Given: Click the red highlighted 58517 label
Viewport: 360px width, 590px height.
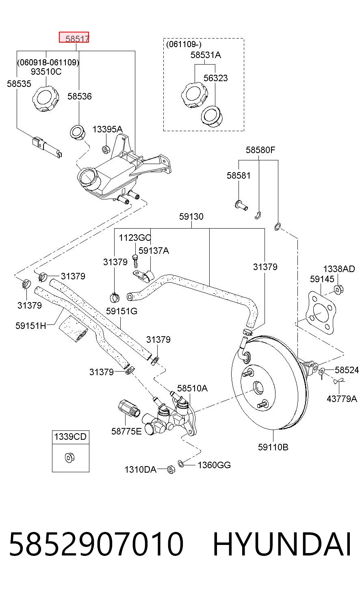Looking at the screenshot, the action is tap(74, 37).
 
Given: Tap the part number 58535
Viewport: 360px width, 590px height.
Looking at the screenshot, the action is tap(19, 84).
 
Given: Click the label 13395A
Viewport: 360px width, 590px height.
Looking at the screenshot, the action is tap(108, 129).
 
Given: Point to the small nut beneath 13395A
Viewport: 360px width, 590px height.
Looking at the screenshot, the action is tap(106, 149).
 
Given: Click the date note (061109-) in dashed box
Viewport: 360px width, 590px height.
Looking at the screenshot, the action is tap(184, 44).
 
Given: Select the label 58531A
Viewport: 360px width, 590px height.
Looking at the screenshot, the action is tap(206, 55).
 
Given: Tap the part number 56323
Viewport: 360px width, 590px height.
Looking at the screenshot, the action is tap(216, 78).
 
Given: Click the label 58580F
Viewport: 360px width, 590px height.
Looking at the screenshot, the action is tap(260, 150).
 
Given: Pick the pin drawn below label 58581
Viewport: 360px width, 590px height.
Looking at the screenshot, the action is tap(241, 205).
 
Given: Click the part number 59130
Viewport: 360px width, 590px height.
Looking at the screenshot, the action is tap(191, 216).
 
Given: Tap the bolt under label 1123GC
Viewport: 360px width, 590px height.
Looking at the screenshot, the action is tap(135, 261).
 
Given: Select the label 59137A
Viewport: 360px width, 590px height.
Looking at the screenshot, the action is tap(154, 251).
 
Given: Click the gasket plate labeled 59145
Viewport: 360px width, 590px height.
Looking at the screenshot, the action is tap(321, 313).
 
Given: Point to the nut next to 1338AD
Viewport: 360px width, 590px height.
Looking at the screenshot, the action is tap(338, 290).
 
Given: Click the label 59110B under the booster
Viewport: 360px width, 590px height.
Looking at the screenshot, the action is tap(273, 447).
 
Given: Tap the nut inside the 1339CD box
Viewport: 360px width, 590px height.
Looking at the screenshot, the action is tap(70, 458).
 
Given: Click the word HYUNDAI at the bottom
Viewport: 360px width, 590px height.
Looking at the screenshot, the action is tap(282, 544).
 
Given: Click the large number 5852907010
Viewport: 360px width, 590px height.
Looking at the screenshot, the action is tap(96, 544).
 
